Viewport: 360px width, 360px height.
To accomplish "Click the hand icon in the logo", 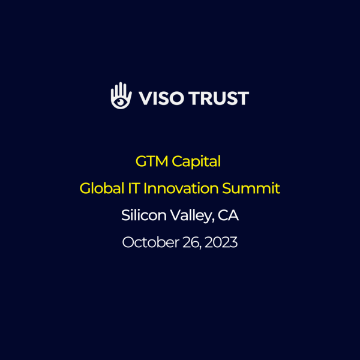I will click(x=121, y=96).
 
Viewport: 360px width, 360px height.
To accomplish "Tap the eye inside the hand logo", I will click(x=121, y=101).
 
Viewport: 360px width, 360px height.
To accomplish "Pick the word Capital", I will click(x=197, y=161).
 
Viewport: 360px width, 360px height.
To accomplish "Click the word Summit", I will click(x=251, y=188).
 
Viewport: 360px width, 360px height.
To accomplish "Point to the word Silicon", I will click(x=142, y=215).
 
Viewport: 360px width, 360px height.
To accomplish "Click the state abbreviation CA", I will click(x=229, y=215).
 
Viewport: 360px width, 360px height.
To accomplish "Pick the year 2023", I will click(x=221, y=242).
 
